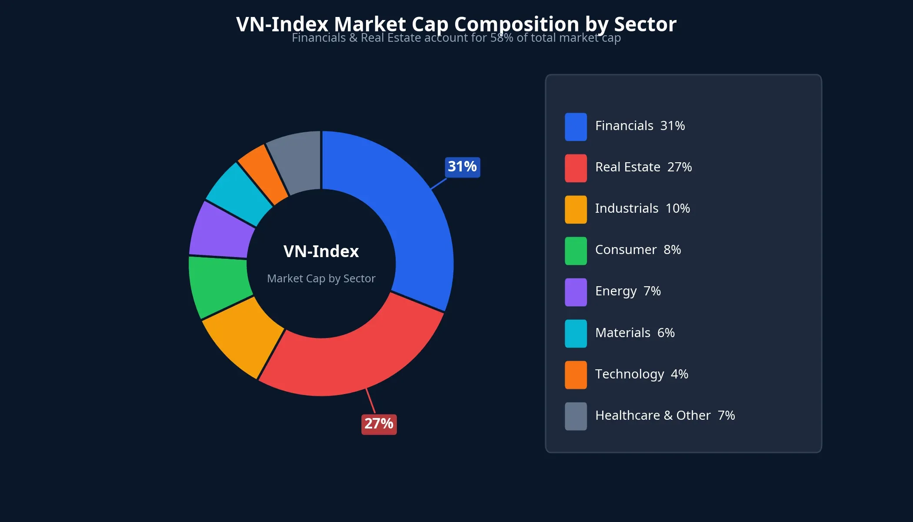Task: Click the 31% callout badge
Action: (463, 167)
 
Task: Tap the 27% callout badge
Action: (379, 424)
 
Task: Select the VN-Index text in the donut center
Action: (321, 251)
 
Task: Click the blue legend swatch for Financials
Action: (576, 127)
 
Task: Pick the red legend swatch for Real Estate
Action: (576, 168)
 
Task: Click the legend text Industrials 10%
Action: (642, 209)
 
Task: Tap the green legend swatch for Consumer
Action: (576, 251)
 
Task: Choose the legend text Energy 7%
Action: (628, 291)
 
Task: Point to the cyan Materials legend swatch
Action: (576, 334)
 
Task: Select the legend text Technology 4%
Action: (641, 375)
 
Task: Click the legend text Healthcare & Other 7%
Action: (665, 416)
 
